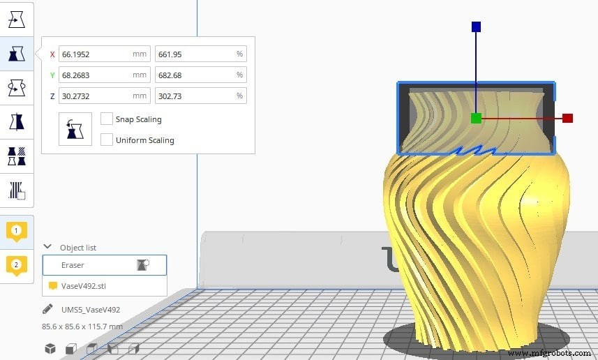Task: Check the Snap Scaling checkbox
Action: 107,119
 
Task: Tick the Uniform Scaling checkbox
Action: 107,140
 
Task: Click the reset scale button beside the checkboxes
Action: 75,129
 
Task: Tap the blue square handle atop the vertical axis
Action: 476,27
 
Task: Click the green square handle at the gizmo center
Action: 476,119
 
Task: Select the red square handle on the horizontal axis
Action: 567,119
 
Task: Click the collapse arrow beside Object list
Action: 47,247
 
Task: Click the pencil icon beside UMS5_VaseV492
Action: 47,308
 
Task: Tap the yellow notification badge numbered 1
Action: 17,231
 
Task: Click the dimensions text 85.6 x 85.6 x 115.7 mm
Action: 82,326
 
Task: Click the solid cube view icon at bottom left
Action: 50,348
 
